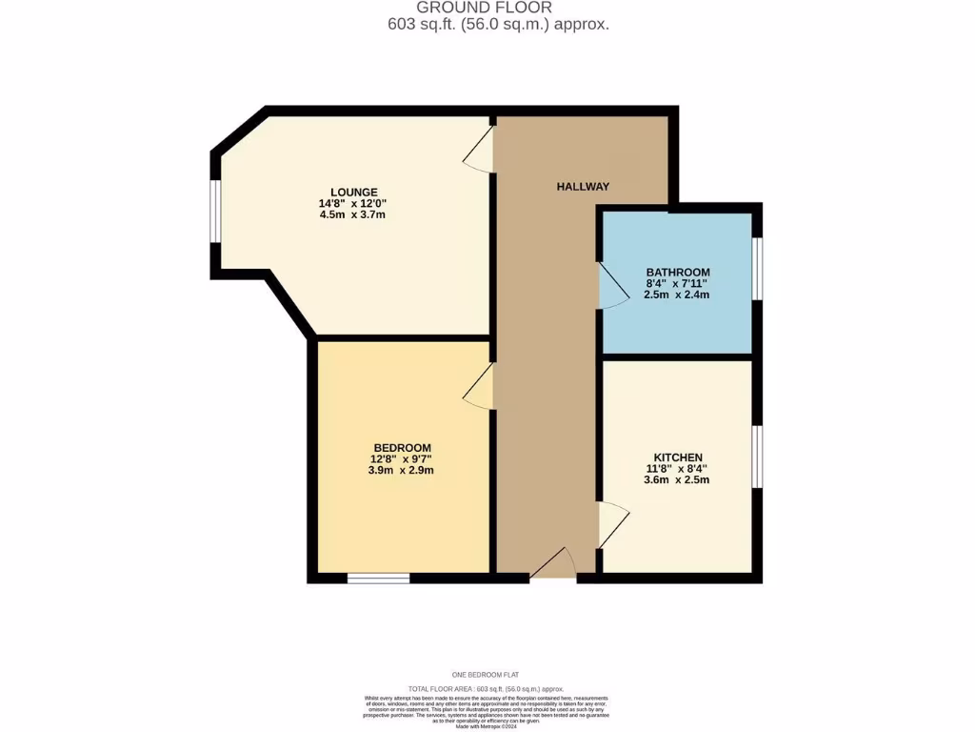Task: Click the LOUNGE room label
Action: coord(353,192)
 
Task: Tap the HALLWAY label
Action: coord(583,187)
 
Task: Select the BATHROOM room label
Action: coord(678,272)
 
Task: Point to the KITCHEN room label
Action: coord(678,457)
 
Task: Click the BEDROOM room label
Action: coord(402,447)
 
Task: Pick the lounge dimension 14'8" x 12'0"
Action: coord(353,203)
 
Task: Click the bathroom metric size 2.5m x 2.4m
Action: coord(677,295)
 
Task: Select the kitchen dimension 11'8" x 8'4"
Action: coord(677,468)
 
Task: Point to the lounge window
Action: coord(216,212)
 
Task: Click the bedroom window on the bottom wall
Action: coord(378,578)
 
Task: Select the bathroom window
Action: coord(758,269)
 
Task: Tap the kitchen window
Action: coord(758,457)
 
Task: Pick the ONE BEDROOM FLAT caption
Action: coord(487,675)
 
